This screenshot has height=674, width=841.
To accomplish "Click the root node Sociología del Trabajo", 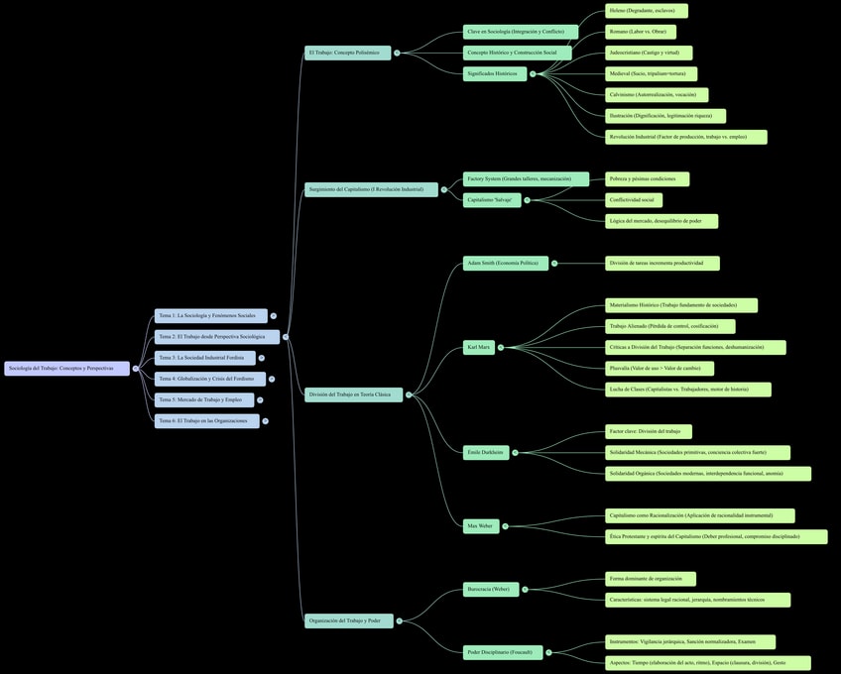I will click(x=66, y=369).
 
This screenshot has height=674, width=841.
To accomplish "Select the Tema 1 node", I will click(x=210, y=316).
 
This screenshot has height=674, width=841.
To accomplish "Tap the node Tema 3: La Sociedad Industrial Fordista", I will click(x=204, y=358).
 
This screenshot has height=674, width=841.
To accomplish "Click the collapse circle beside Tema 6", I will click(x=266, y=421).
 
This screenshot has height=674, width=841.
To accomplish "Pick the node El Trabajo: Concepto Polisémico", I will click(x=347, y=53).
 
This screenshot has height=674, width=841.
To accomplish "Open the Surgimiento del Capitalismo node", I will click(x=370, y=189).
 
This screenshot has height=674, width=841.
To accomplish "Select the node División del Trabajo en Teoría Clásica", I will click(x=353, y=394).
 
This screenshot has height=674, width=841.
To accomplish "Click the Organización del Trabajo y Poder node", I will click(x=348, y=621).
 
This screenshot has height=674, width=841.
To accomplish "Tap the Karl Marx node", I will click(x=479, y=347).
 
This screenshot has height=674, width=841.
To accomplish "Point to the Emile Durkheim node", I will click(x=486, y=452).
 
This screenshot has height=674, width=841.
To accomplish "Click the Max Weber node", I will click(x=481, y=526).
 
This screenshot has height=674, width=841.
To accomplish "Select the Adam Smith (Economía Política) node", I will click(x=505, y=263).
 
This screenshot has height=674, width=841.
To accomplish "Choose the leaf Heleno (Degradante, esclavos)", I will click(x=646, y=11).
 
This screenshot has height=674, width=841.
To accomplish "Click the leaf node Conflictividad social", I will click(x=633, y=200).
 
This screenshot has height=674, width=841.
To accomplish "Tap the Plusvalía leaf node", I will click(x=659, y=369).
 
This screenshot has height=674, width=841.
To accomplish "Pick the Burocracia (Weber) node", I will click(x=489, y=590).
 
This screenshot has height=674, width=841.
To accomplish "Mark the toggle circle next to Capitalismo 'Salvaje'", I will click(x=529, y=200).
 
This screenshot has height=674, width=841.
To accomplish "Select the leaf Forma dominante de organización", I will click(x=650, y=579).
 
